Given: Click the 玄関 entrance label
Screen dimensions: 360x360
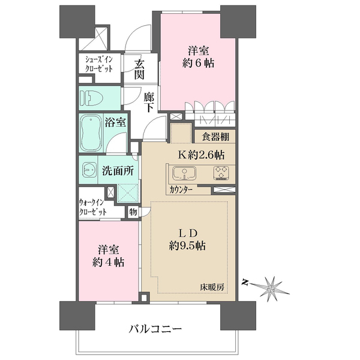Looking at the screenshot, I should [139, 70].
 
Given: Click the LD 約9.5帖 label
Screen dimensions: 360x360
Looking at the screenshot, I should [187, 239].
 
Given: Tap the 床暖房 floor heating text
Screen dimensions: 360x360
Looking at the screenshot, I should [213, 287].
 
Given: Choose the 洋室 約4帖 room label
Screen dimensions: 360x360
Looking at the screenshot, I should [108, 256].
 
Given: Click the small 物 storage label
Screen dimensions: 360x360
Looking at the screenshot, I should [133, 211].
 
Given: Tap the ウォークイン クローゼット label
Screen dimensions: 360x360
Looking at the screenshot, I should [94, 208].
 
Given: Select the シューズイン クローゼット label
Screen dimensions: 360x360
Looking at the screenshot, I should [98, 64].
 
